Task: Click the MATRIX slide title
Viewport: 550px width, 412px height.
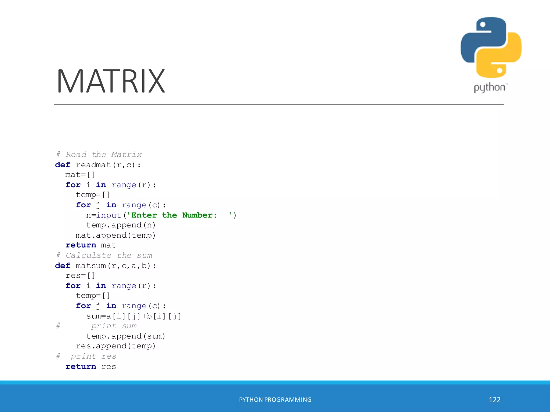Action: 111,81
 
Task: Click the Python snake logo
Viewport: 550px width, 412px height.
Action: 491,47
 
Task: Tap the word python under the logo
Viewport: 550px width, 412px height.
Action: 490,88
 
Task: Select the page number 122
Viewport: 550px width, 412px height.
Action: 494,400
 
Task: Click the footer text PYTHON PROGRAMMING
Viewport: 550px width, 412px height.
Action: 275,400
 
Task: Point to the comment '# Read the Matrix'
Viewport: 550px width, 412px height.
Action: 99,154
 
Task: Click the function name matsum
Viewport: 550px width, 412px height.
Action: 91,266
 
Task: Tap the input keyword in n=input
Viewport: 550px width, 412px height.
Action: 108,215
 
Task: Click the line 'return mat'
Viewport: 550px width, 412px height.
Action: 91,245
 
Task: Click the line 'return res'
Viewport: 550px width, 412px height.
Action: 91,366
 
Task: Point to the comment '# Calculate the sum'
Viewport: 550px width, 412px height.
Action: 104,255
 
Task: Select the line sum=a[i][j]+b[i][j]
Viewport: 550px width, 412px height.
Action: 133,316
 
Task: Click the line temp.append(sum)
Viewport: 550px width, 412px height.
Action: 125,336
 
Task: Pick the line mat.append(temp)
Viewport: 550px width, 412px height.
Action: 115,235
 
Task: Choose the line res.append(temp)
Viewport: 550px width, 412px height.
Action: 115,346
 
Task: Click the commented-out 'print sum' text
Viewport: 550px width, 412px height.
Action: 114,326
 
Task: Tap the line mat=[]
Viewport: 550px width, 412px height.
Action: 80,175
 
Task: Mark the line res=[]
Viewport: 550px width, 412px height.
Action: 80,275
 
